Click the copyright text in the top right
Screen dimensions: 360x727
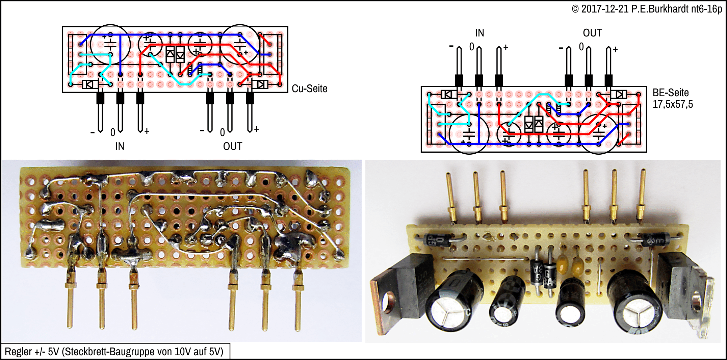(x=646, y=9)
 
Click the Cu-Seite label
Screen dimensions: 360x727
(x=309, y=88)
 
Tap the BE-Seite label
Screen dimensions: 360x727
(x=670, y=93)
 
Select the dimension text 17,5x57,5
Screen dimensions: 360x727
(x=672, y=104)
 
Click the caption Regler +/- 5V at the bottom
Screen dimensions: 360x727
(x=114, y=352)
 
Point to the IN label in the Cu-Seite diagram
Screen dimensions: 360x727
(x=120, y=146)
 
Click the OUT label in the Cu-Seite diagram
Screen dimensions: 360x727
(x=232, y=146)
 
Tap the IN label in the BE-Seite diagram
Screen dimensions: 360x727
(x=479, y=33)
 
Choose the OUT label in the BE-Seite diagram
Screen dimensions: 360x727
(x=592, y=33)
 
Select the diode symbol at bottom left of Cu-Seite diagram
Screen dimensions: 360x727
(x=90, y=84)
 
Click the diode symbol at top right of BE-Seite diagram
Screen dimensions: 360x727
(x=619, y=94)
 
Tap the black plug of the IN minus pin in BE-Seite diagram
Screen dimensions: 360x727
(x=459, y=80)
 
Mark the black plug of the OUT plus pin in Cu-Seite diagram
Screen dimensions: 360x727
(x=250, y=98)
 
